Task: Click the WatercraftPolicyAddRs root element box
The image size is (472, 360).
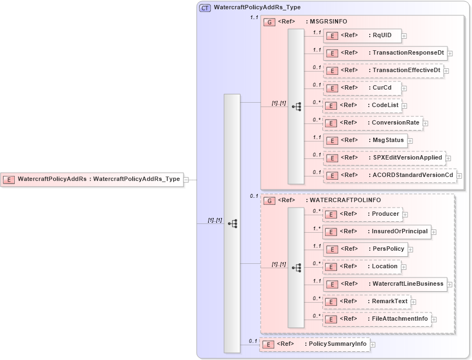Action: (92, 179)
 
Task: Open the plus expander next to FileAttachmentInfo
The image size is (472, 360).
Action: (435, 319)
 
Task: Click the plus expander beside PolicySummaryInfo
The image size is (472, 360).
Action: (373, 345)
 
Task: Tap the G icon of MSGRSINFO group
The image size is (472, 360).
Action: (269, 22)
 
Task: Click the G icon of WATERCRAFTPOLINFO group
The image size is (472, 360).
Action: (269, 200)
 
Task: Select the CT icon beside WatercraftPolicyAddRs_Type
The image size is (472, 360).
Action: (205, 8)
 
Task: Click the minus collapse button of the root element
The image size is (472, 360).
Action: (186, 179)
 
